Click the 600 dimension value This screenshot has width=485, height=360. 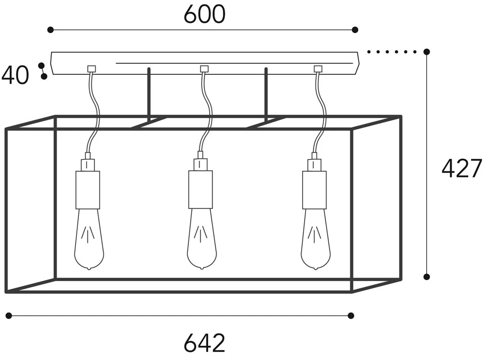tap(204, 15)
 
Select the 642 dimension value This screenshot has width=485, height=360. tap(204, 344)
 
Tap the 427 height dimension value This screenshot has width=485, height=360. tap(462, 168)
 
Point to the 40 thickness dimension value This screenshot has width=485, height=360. tap(15, 76)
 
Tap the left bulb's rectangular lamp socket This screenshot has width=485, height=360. tap(88, 190)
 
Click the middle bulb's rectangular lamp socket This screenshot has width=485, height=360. tap(201, 190)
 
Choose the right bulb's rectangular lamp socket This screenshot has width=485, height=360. tap(314, 190)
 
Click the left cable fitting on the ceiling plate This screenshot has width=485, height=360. tap(91, 69)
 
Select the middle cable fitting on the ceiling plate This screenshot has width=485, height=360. tap(204, 69)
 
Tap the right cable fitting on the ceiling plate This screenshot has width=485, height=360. tap(318, 69)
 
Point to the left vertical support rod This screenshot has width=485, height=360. tap(149, 94)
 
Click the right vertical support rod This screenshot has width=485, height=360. tap(266, 94)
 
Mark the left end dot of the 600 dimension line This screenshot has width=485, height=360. tap(50, 30)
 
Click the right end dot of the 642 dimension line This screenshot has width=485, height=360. tap(351, 316)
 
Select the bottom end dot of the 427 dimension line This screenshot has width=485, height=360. tap(427, 277)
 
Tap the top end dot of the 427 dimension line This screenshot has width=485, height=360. tap(427, 52)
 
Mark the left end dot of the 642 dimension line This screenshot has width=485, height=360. tap(8, 316)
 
